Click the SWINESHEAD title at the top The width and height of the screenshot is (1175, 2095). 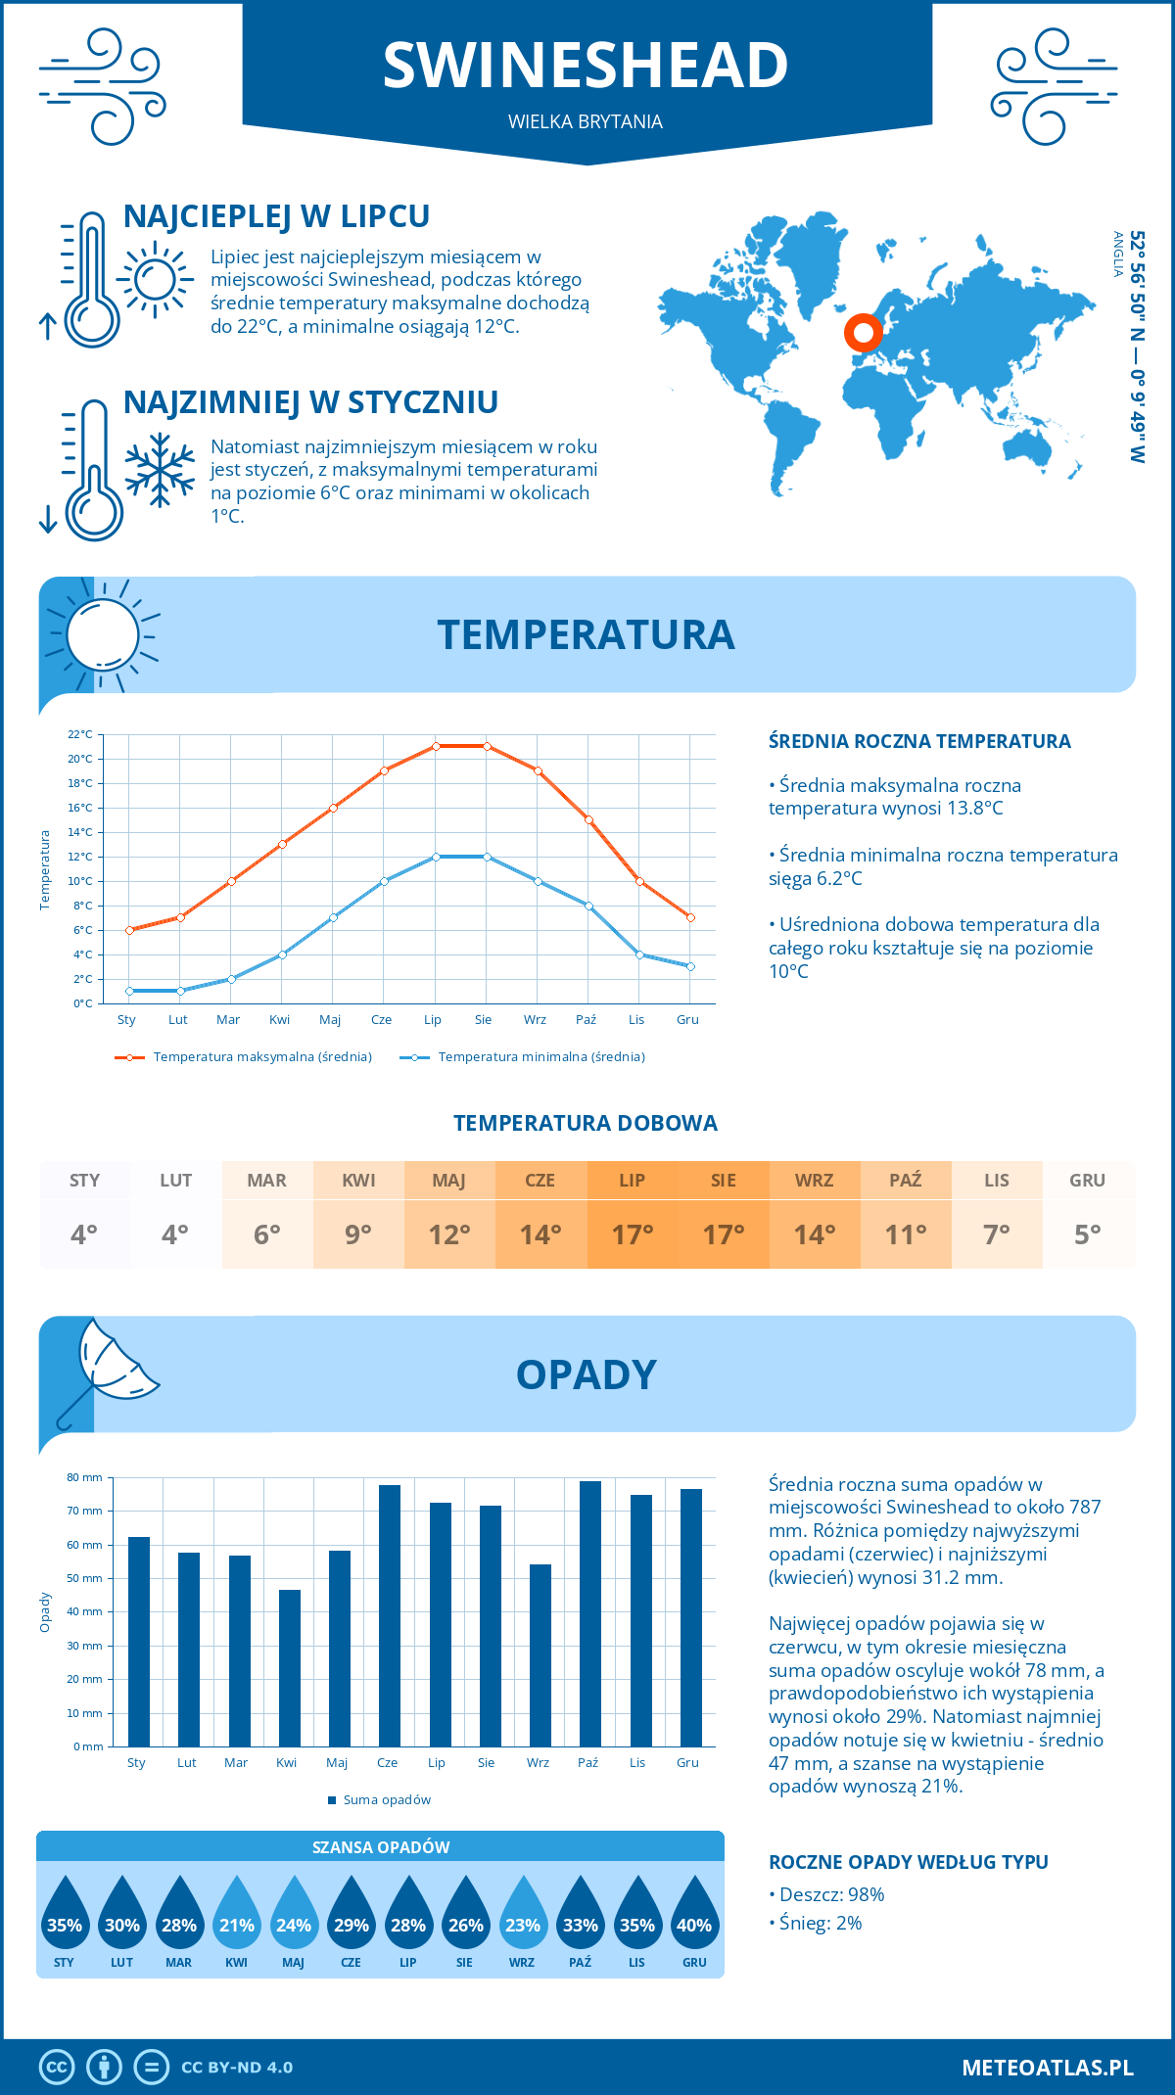tap(586, 66)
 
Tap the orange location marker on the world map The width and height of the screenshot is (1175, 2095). tap(863, 333)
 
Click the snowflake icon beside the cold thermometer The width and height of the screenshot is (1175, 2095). tap(160, 470)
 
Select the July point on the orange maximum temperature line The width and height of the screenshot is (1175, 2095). tap(436, 746)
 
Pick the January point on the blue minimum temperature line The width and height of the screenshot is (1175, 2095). tap(129, 991)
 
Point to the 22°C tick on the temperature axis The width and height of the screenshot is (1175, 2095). tap(80, 734)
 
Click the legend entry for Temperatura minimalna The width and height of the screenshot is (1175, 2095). tap(540, 1057)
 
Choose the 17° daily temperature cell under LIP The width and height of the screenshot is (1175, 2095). tap(632, 1234)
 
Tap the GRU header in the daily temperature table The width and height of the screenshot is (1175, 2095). tap(1087, 1181)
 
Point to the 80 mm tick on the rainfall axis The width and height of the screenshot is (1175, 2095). tap(85, 1477)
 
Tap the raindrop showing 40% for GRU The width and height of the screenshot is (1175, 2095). tap(694, 1915)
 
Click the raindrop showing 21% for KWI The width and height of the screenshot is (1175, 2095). tap(236, 1915)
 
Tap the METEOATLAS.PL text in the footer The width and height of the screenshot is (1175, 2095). tap(1047, 2068)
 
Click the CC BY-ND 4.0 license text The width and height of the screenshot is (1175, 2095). tap(237, 2068)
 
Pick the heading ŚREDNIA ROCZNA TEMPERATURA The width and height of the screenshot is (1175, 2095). tap(919, 742)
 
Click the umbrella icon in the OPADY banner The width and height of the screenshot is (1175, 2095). tap(108, 1366)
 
